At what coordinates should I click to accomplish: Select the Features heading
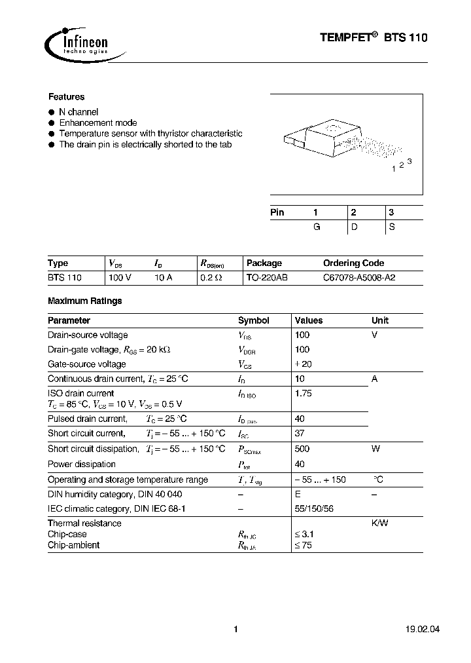66,96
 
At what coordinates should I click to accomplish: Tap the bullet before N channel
52,112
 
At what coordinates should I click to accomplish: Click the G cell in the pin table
317,226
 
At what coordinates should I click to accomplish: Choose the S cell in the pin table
392,226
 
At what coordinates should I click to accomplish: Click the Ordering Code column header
353,263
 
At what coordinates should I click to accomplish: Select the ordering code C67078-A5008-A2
359,278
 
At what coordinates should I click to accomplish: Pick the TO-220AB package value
266,278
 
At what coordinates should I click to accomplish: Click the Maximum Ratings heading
84,301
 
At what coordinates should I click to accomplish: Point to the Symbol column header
253,320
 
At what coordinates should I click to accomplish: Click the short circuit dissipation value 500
302,449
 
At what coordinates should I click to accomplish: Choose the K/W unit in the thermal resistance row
380,523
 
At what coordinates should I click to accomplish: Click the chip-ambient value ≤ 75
304,545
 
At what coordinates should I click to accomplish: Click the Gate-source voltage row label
86,364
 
